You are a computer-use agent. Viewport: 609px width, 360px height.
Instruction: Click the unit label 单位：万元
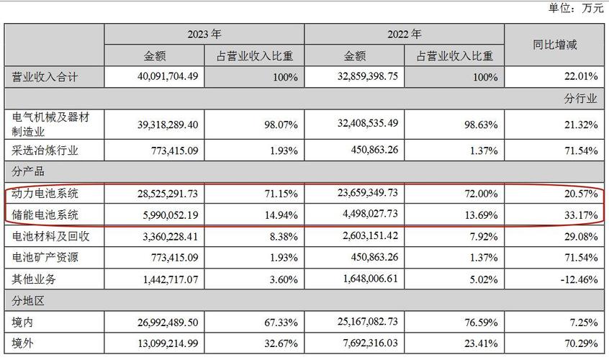pyautogui.click(x=576, y=8)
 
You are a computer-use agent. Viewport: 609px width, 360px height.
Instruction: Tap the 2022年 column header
pyautogui.click(x=404, y=34)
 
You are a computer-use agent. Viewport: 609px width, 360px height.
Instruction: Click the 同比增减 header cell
pyautogui.click(x=555, y=45)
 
